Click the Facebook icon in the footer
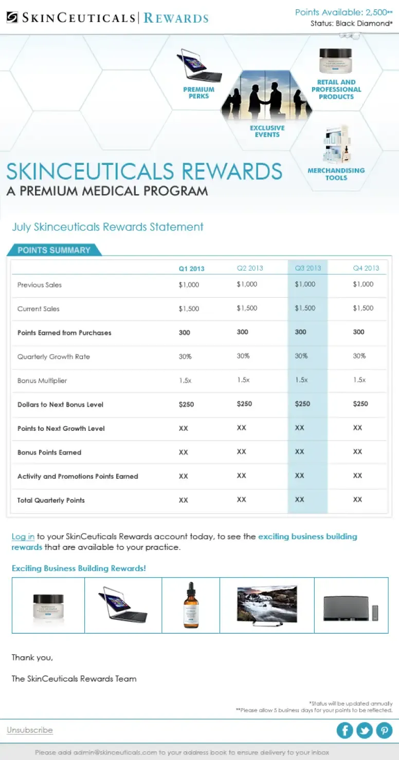coord(344,730)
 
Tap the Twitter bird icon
coord(365,730)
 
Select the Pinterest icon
coord(384,730)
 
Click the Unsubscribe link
coord(30,730)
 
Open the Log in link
coord(23,537)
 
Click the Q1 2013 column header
coord(191,268)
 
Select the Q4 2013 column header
coord(366,268)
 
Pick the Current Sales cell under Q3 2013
coord(305,308)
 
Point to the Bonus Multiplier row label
coord(42,381)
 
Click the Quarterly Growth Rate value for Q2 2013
coord(243,356)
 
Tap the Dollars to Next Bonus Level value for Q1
coord(186,404)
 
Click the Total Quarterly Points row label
coord(51,500)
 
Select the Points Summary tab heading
coord(54,250)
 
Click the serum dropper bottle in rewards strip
coord(191,605)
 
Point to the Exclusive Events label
coord(267,131)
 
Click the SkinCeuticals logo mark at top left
coord(12,18)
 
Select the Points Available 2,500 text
coord(343,12)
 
